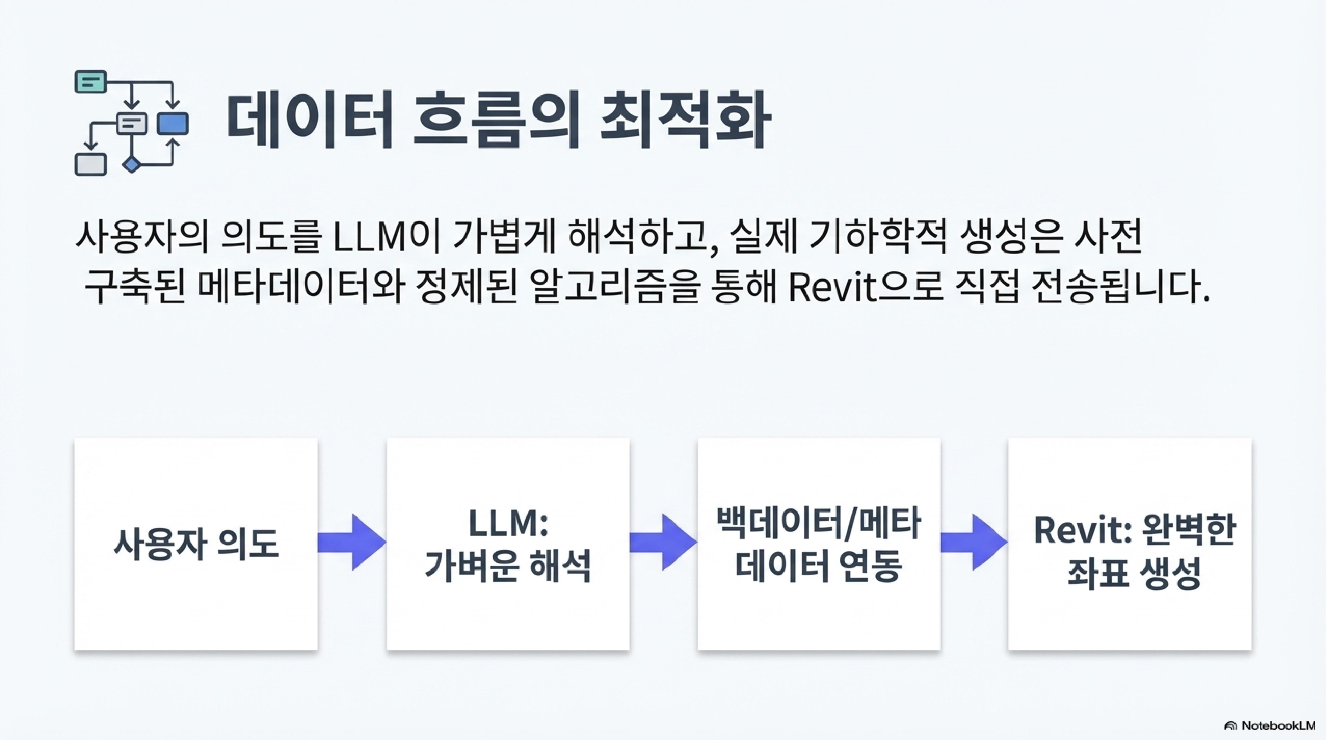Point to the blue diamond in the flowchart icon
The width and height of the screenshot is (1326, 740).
click(132, 165)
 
